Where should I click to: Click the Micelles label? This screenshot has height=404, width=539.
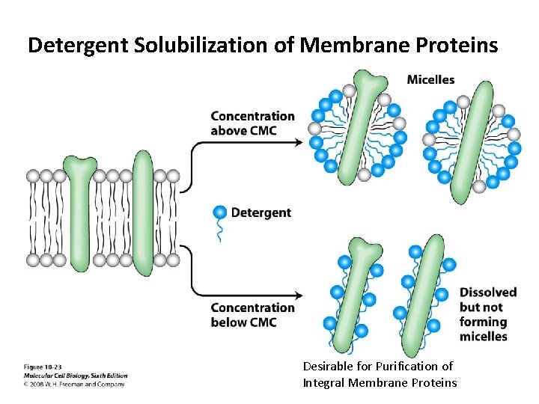pos(430,80)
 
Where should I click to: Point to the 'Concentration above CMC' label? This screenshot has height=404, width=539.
pos(252,123)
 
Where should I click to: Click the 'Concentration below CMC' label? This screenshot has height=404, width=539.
pos(252,315)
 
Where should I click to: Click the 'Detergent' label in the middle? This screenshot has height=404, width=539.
pos(261,212)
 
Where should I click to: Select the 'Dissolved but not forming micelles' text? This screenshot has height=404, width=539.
pos(488,314)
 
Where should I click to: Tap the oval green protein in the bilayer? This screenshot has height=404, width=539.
pos(142,213)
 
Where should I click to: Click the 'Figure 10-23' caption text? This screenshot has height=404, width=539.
pos(43,367)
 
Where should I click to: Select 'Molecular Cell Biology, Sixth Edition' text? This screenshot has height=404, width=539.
pos(75,376)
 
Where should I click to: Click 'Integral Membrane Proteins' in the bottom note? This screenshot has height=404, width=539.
pos(380,383)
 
